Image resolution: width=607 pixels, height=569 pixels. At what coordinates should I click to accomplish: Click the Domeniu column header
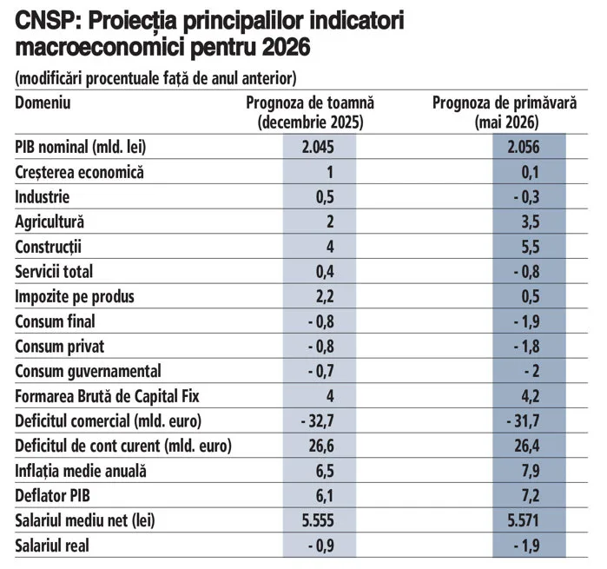(43, 103)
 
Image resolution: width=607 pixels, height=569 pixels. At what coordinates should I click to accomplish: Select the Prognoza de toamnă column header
(311, 113)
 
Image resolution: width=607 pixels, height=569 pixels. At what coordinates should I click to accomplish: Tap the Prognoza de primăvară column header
(505, 113)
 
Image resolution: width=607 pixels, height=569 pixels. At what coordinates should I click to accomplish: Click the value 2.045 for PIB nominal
(318, 147)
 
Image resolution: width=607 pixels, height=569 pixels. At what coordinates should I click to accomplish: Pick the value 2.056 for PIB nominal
(524, 147)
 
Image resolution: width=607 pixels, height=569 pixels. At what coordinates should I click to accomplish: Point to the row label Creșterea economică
(79, 172)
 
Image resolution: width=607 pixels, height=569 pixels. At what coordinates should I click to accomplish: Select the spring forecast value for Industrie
(526, 197)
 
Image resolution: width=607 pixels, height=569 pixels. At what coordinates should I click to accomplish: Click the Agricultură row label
(49, 222)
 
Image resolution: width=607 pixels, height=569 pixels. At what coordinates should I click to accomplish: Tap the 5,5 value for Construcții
(531, 247)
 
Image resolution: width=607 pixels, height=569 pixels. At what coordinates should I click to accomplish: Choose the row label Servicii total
(54, 272)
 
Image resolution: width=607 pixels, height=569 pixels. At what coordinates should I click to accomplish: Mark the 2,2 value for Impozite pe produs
(325, 296)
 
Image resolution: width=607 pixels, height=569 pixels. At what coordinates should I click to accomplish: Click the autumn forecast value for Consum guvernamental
(321, 371)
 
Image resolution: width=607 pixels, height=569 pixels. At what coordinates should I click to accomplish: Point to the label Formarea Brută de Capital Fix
(107, 396)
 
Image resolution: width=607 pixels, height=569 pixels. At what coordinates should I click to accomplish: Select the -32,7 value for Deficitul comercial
(318, 421)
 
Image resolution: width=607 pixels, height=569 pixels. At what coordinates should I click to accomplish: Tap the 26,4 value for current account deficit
(527, 446)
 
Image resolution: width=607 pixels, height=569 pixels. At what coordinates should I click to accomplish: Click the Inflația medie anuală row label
(81, 471)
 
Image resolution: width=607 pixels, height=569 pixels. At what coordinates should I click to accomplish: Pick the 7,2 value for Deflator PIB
(531, 496)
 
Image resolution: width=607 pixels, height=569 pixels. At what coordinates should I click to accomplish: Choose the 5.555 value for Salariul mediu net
(318, 520)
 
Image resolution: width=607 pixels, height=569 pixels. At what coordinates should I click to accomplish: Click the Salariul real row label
(52, 546)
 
